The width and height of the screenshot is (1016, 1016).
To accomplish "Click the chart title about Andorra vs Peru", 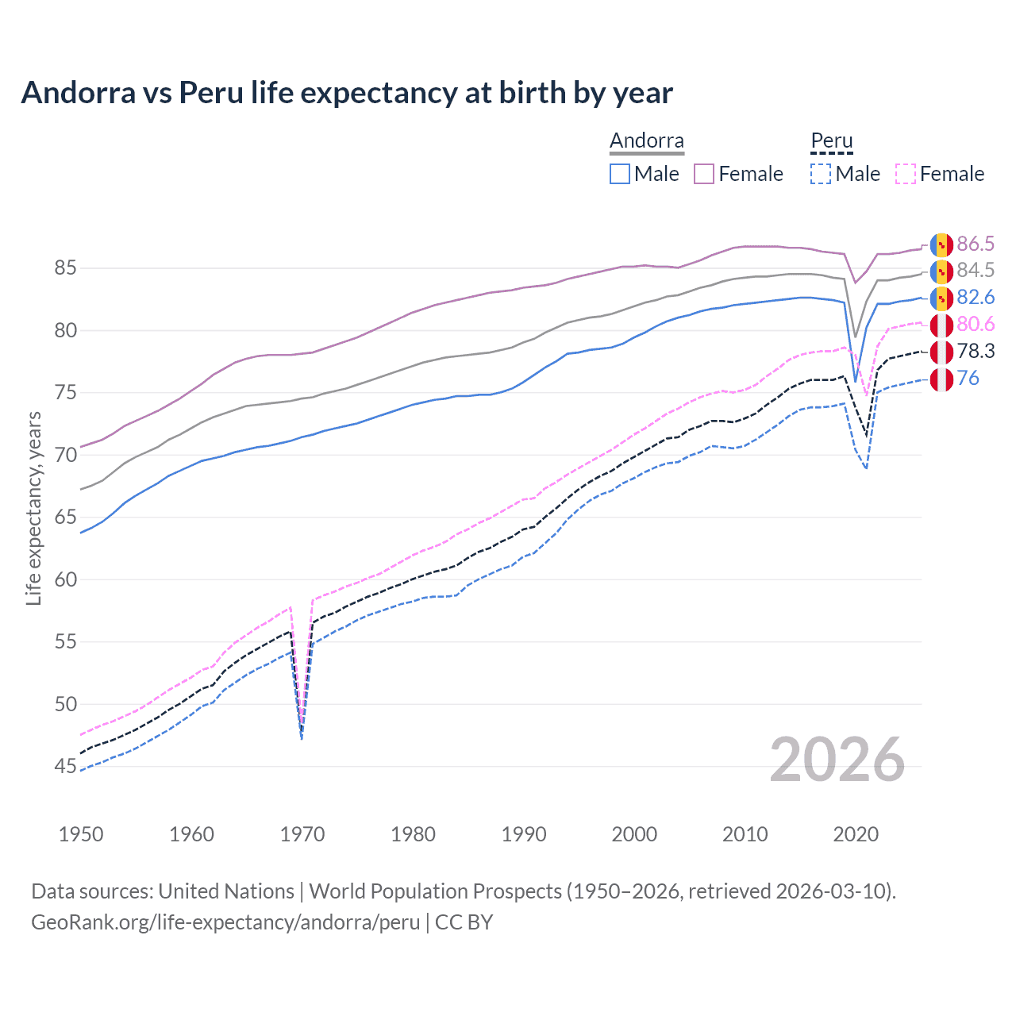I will click(x=347, y=93).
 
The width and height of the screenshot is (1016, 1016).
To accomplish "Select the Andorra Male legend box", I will click(x=620, y=174).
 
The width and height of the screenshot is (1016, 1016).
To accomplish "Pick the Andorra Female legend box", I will click(x=704, y=174).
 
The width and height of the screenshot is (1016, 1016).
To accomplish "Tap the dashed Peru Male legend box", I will click(x=821, y=174).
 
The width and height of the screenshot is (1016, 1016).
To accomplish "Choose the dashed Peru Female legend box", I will click(x=906, y=174).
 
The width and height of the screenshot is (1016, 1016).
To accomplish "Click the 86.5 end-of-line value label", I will click(x=976, y=244).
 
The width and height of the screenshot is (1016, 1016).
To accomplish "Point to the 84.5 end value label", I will click(x=976, y=271).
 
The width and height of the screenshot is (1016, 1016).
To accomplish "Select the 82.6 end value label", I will click(x=976, y=298).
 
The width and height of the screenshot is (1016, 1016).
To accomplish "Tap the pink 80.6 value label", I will click(x=976, y=325).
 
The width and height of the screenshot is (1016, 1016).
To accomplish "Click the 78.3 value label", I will click(x=976, y=352).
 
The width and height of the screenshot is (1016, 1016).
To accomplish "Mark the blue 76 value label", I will click(x=968, y=379).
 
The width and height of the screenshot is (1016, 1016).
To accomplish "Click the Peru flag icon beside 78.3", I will click(x=941, y=352).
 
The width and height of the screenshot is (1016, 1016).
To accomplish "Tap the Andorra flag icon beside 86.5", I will click(x=941, y=244).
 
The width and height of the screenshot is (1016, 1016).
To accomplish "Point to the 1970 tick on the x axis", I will click(x=302, y=834).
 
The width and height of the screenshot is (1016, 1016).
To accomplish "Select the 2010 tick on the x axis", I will click(x=745, y=834).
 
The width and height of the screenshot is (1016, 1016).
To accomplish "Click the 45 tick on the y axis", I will click(x=66, y=767).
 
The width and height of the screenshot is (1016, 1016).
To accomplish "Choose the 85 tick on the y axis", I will click(x=66, y=268).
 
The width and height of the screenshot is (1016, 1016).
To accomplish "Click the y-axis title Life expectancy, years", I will click(x=34, y=508).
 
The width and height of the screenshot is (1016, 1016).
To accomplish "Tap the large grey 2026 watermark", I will click(x=837, y=760).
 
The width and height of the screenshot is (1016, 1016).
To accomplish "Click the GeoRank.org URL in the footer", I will click(x=225, y=922).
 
